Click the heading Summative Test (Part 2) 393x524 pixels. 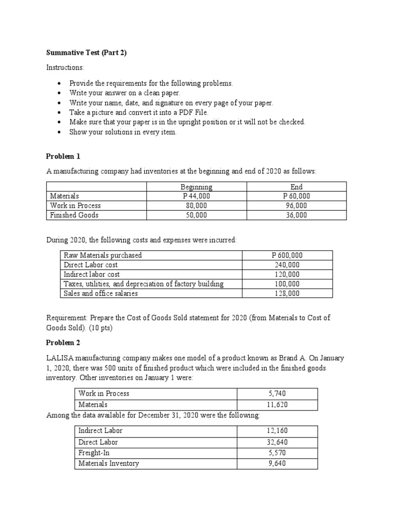(86, 53)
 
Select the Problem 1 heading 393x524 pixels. (63, 156)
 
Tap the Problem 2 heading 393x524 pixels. (63, 342)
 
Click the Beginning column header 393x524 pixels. (196, 187)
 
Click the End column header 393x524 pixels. (296, 187)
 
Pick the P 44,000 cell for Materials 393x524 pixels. (196, 196)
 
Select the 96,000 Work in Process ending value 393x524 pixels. (296, 206)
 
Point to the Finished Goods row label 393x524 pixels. (74, 215)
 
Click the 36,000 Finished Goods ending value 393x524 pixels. (296, 215)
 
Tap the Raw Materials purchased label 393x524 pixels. (103, 255)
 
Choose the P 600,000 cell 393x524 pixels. (287, 255)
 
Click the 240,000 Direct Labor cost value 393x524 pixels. (287, 265)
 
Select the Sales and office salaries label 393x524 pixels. (101, 293)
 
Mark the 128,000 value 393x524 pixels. (287, 293)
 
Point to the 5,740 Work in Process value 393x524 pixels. (277, 394)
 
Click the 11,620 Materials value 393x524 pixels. (277, 404)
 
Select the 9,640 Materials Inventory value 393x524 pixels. (277, 464)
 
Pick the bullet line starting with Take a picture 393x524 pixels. (139, 112)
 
